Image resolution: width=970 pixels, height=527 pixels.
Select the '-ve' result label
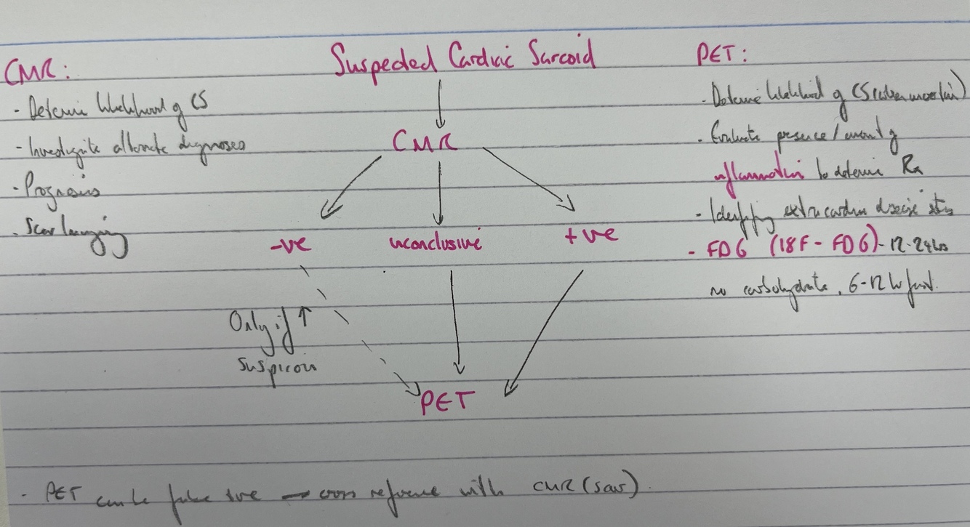(x=289, y=243)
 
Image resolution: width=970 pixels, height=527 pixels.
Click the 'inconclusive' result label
(x=435, y=243)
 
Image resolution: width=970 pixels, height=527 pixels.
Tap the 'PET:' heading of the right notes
(x=723, y=57)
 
